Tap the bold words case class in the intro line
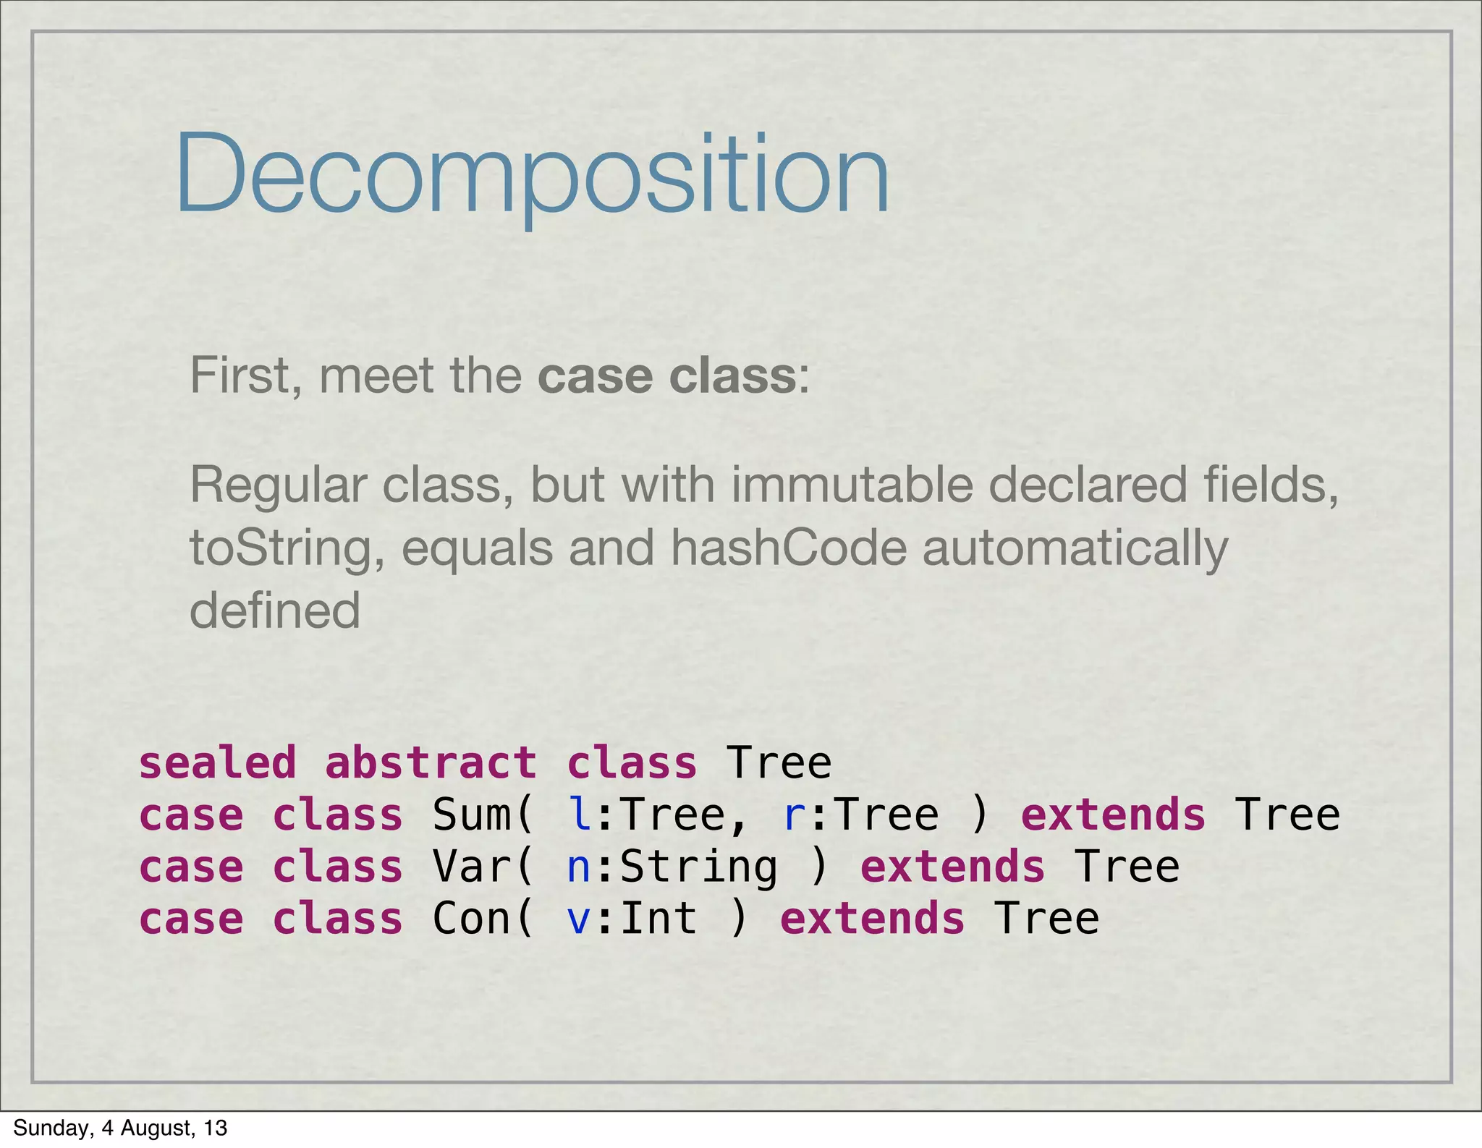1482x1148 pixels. coord(666,376)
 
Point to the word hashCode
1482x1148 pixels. coord(788,548)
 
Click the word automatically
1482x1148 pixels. coord(1075,548)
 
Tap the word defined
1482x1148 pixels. coord(274,611)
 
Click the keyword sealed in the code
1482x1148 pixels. coord(217,763)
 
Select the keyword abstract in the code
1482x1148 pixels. coord(431,763)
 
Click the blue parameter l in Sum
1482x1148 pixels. coord(579,815)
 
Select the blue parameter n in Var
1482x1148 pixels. coord(579,868)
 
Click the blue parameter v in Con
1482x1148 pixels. coord(579,920)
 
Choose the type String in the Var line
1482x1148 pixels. coord(698,868)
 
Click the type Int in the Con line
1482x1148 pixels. coord(659,919)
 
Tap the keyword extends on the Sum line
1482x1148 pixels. coord(1113,815)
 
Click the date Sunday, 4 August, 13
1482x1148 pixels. coord(120,1128)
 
